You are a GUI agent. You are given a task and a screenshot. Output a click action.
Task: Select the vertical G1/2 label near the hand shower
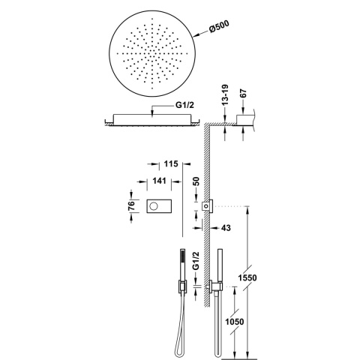coord(196,264)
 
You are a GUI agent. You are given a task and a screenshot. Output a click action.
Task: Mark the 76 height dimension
coord(130,205)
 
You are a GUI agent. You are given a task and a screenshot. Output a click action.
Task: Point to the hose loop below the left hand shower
coord(180,330)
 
